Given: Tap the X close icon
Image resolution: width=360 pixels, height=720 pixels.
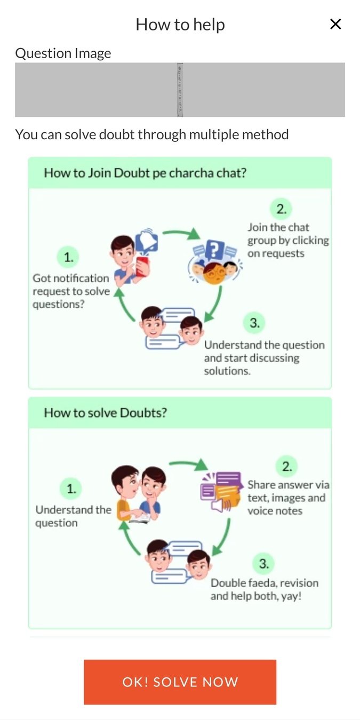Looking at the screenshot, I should click(335, 24).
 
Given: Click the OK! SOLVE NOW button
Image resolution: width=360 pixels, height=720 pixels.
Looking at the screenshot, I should click(180, 682).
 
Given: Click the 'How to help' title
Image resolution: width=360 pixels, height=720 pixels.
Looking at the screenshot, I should click(180, 25).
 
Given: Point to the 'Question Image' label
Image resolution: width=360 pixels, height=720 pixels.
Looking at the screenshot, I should click(63, 53).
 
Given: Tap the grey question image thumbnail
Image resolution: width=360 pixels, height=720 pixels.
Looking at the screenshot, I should click(180, 90).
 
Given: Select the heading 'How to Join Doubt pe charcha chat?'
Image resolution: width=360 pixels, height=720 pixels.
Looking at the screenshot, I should click(145, 173).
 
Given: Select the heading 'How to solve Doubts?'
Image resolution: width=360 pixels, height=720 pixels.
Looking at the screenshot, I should click(105, 413).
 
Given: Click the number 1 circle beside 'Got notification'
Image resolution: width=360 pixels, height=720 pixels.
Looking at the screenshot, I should click(69, 258).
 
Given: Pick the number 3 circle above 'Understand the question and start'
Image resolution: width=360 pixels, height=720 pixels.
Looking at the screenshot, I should click(254, 323).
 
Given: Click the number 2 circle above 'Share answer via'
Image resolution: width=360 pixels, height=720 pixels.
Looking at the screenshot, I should click(287, 467).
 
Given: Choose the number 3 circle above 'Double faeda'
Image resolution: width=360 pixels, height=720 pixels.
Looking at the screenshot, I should click(264, 564).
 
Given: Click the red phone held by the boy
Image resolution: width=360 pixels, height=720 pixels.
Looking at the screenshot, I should click(142, 265).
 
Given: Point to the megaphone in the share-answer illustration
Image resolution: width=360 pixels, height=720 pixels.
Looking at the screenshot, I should click(220, 504).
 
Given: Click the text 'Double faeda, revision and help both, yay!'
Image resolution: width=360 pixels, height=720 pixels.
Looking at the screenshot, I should click(265, 589).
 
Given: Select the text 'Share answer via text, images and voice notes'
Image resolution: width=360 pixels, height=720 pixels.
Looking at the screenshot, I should click(288, 498).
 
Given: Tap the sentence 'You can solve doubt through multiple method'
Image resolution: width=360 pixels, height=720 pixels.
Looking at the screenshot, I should click(152, 134).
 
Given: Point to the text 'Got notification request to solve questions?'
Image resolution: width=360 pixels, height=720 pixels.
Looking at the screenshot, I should click(71, 291).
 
